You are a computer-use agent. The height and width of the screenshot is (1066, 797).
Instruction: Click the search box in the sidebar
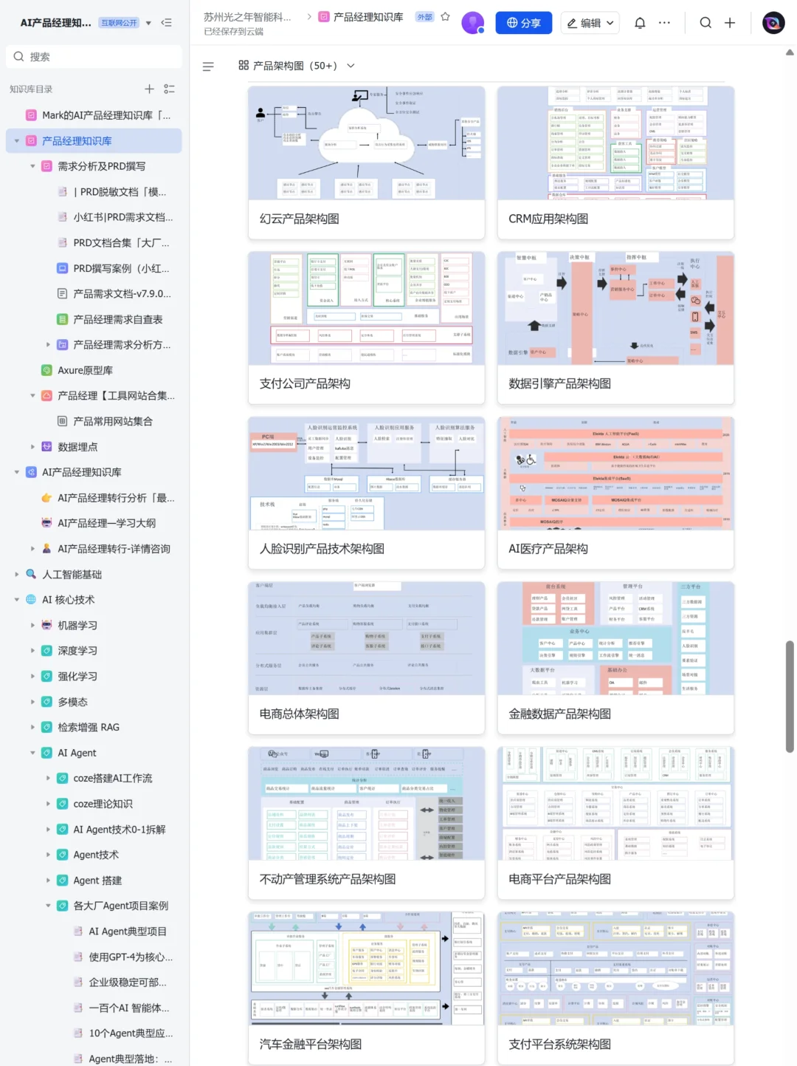(x=94, y=57)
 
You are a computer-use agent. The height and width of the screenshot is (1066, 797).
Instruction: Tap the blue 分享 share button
(x=523, y=23)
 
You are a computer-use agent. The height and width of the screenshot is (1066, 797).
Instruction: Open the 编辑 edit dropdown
(x=590, y=23)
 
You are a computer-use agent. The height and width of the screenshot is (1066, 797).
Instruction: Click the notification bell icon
(x=640, y=23)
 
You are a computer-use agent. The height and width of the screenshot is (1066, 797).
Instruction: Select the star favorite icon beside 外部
(x=445, y=17)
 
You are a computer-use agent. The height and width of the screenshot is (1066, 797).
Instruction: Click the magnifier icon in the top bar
(x=705, y=23)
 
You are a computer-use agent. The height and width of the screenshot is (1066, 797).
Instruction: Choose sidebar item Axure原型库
(x=85, y=370)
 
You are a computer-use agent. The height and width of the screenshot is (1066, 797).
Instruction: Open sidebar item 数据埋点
(x=77, y=447)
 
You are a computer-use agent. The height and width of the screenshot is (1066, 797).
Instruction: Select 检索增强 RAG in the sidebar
(x=89, y=727)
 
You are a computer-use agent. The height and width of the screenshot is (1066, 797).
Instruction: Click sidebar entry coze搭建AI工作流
(x=113, y=778)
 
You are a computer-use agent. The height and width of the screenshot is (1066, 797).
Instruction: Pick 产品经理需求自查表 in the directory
(x=118, y=319)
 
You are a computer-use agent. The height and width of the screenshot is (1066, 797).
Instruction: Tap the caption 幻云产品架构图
(x=300, y=219)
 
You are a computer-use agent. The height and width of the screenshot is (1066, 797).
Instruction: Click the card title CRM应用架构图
(x=548, y=219)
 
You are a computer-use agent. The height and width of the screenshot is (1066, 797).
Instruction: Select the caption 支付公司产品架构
(x=305, y=383)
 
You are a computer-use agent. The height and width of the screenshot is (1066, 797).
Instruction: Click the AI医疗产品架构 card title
(x=548, y=549)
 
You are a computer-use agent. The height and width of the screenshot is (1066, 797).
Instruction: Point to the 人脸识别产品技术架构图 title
(x=322, y=549)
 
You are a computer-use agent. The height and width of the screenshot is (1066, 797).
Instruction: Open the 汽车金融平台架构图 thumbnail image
(x=366, y=968)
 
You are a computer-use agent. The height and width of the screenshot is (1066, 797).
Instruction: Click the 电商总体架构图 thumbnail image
(x=366, y=638)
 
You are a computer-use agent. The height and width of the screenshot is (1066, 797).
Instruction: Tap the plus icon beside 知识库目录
(x=149, y=89)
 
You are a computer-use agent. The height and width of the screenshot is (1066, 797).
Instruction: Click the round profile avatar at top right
(x=773, y=23)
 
